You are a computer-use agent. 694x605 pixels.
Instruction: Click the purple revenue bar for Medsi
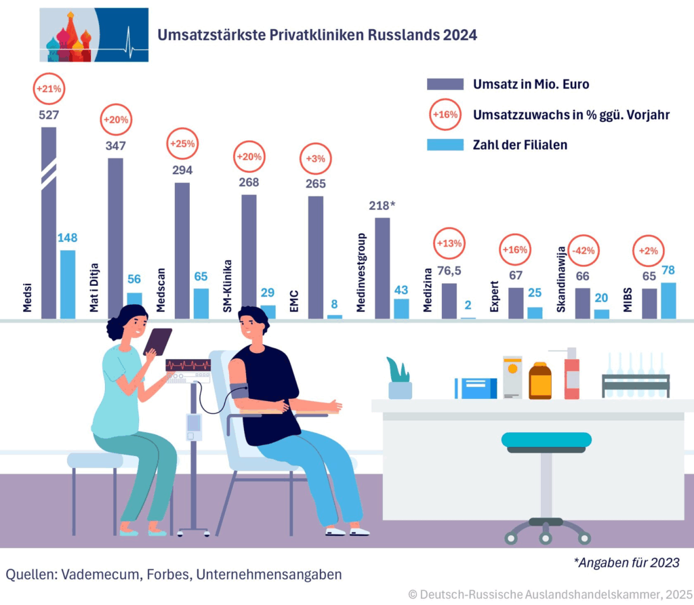[49, 224]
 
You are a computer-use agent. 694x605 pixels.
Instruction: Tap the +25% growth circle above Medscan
[182, 144]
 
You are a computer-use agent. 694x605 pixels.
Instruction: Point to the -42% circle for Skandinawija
[583, 250]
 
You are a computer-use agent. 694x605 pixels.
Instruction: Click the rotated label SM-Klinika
[228, 285]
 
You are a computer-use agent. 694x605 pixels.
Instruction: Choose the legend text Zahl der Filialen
[520, 144]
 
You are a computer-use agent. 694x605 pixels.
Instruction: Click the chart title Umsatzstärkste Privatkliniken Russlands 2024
[317, 35]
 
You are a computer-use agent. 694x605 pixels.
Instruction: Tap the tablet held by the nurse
[157, 341]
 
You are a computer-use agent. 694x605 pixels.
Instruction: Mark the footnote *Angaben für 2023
[627, 562]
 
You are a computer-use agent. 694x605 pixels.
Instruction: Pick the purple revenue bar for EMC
[316, 257]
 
